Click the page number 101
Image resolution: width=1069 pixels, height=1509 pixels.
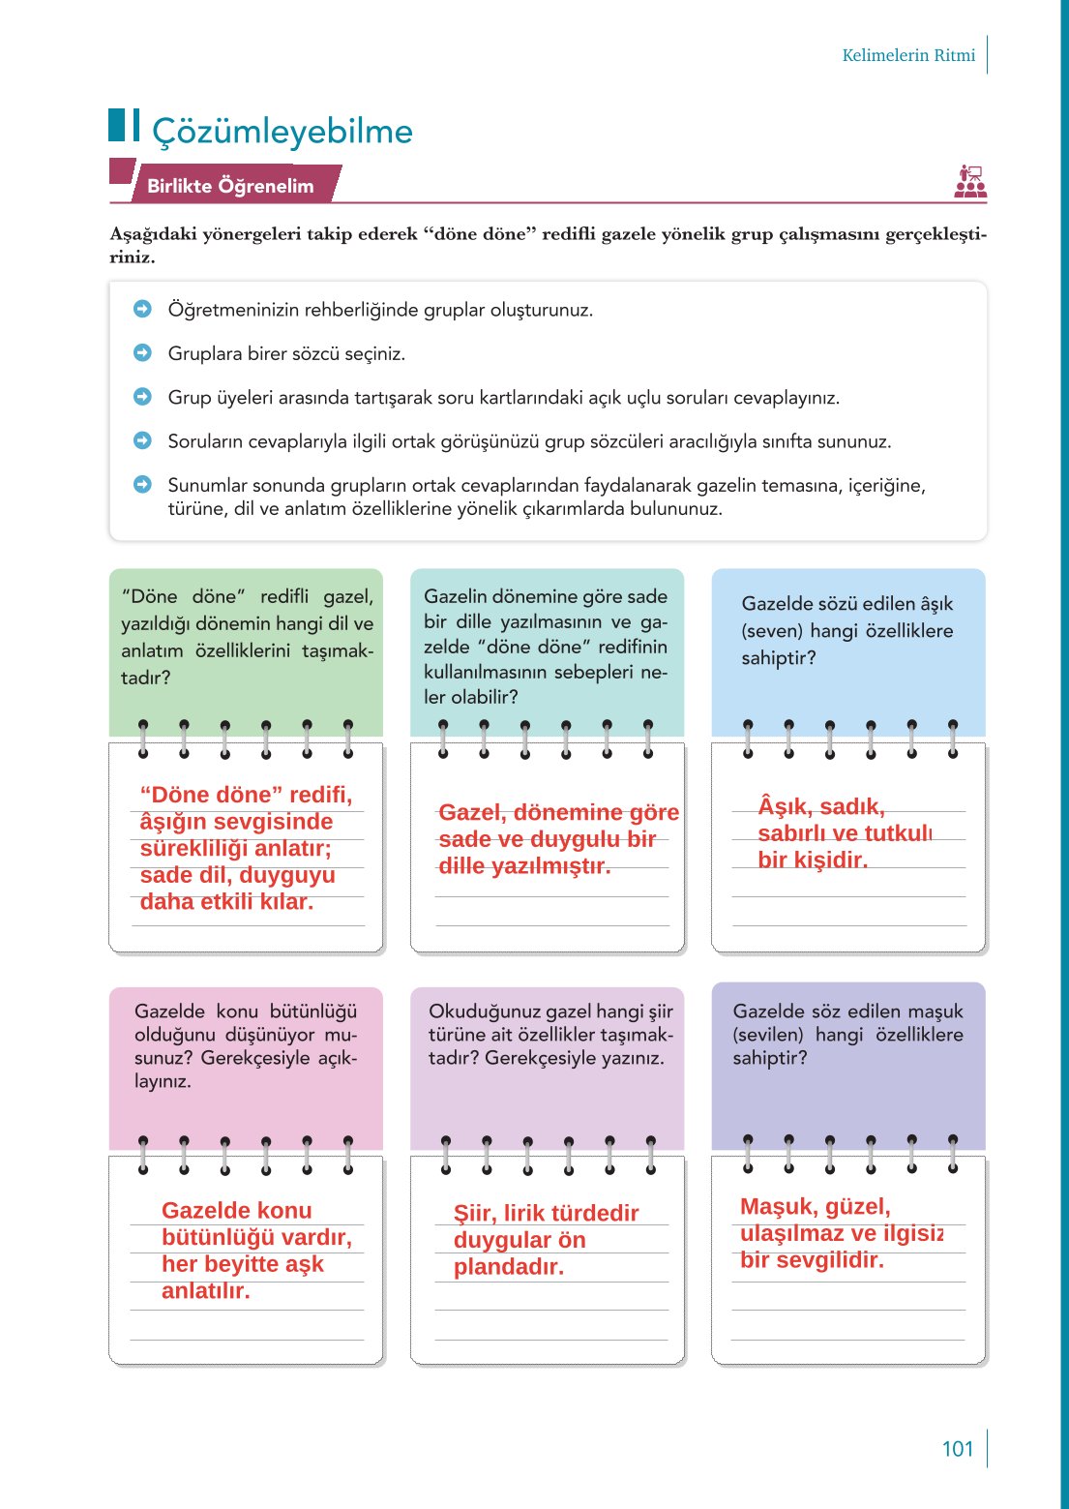(x=958, y=1449)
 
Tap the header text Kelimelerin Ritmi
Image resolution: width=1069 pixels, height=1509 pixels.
(x=908, y=55)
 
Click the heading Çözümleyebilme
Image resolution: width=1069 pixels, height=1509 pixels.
(x=282, y=132)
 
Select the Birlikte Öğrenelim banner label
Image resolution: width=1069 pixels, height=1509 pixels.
(x=230, y=186)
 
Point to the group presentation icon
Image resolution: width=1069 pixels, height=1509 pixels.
(x=970, y=181)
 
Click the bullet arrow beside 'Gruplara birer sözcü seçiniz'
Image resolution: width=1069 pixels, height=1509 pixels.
(x=142, y=353)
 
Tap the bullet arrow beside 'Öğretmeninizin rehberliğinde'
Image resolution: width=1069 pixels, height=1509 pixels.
(x=142, y=309)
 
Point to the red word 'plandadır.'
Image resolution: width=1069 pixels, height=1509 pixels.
(x=508, y=1267)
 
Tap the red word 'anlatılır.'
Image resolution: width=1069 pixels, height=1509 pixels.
(x=205, y=1291)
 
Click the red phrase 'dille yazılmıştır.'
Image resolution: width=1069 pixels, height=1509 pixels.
(x=524, y=866)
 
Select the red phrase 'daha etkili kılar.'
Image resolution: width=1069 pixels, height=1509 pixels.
(x=226, y=902)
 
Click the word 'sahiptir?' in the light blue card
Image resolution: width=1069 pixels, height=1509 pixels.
(x=779, y=658)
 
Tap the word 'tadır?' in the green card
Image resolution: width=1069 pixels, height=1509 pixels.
(x=146, y=678)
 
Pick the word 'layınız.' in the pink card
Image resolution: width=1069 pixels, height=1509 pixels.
(x=163, y=1081)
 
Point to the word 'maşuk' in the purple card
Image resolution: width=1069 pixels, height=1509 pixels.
(x=935, y=1011)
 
